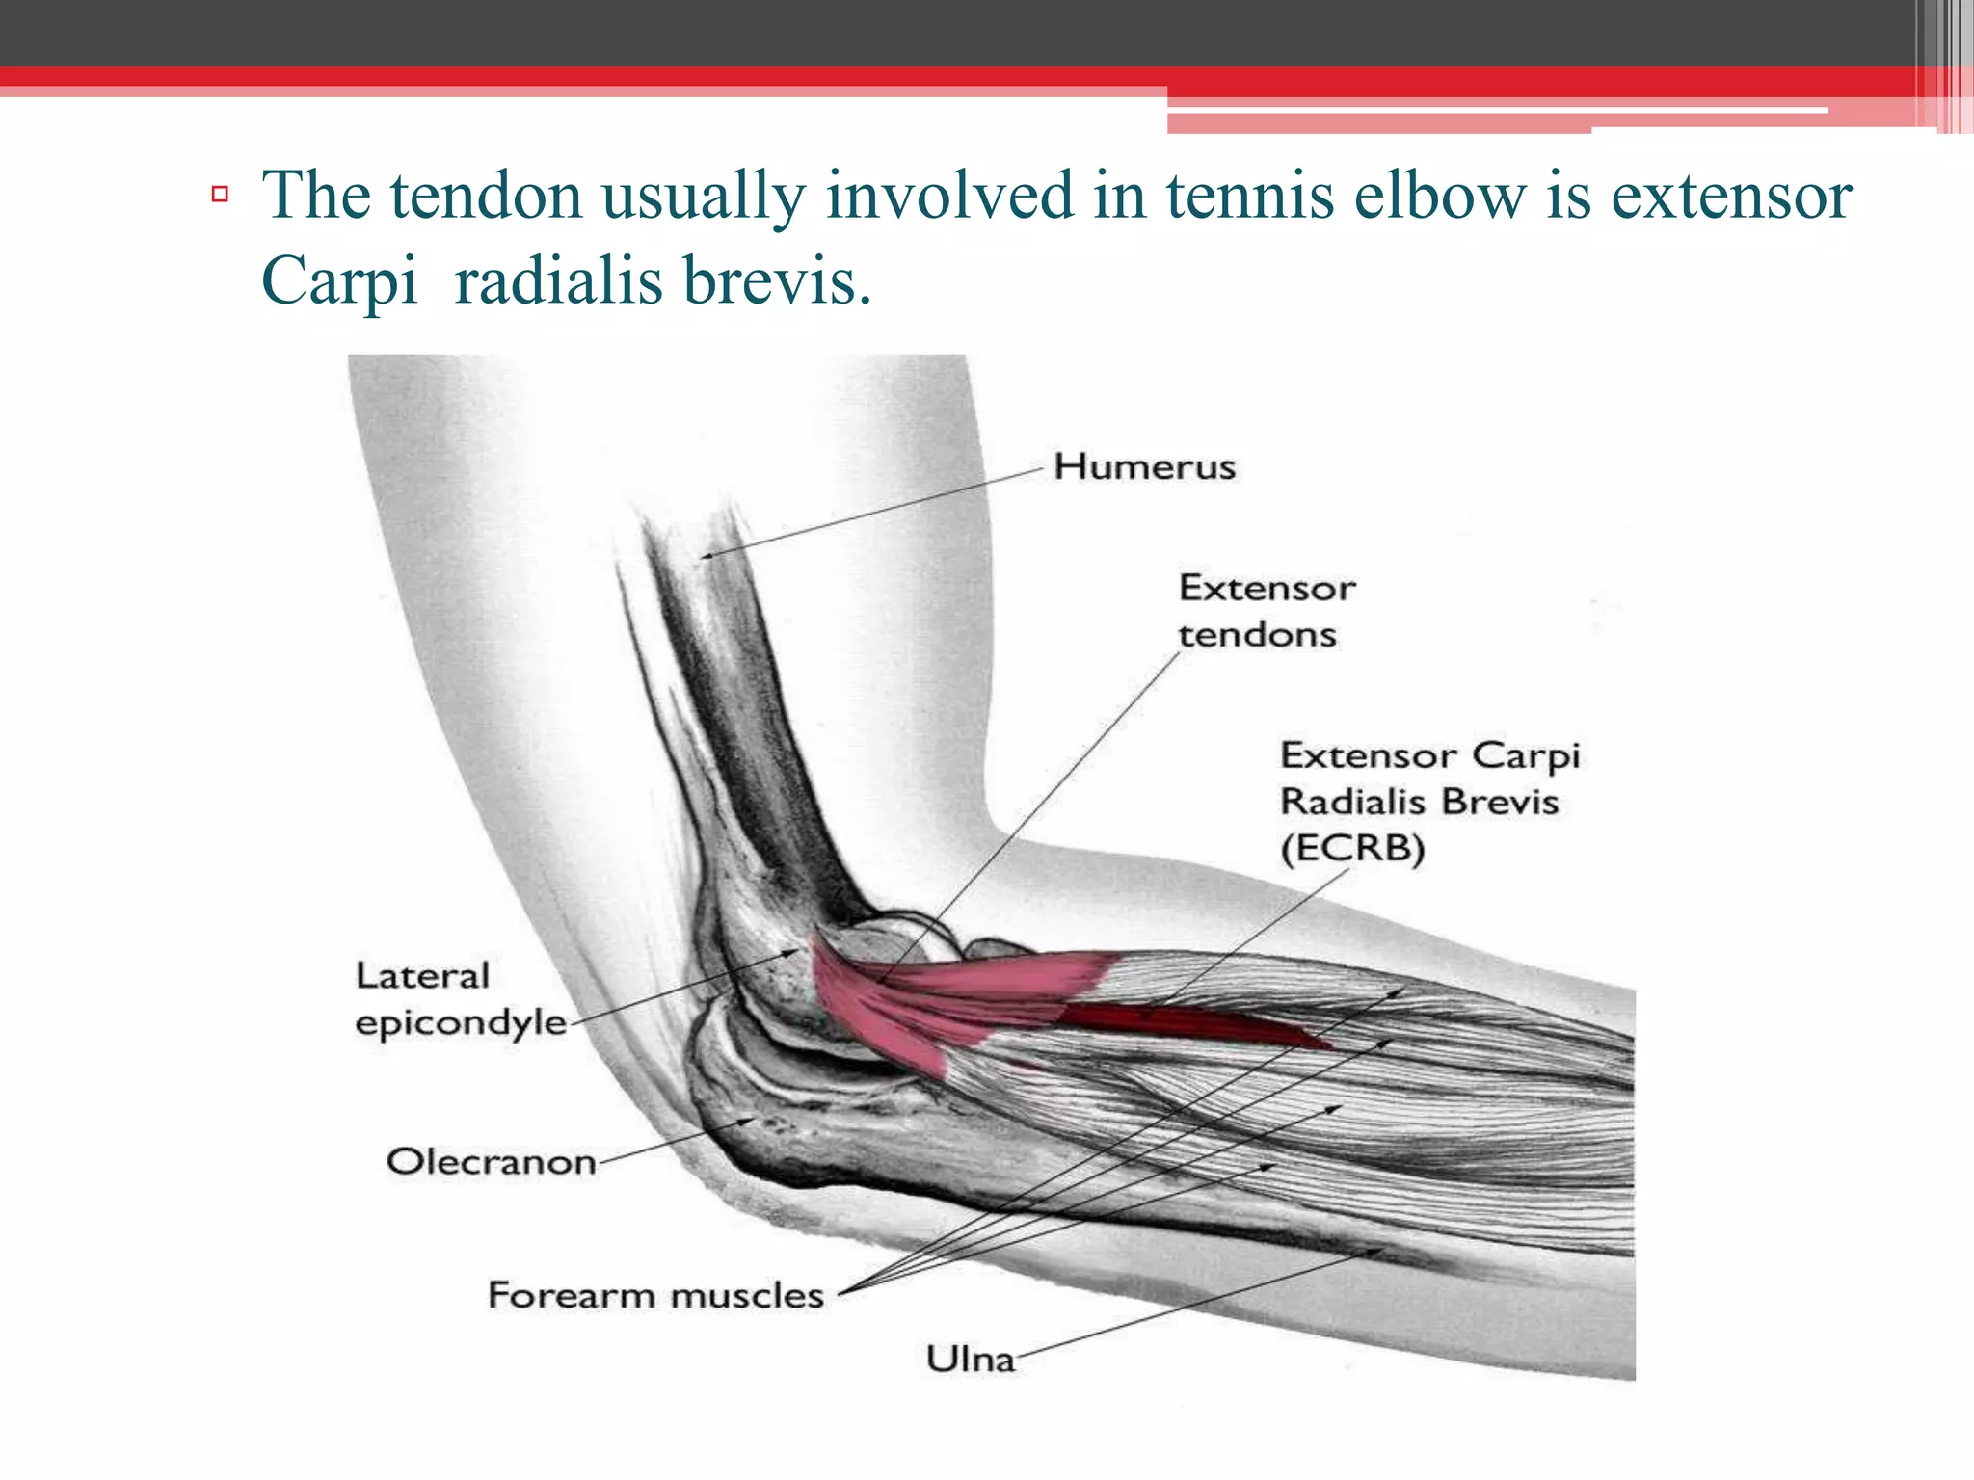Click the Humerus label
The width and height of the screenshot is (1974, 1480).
1144,467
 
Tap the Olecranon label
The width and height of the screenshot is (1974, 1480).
491,1162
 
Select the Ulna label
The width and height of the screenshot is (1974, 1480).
971,1360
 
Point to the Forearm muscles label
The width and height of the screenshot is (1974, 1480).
655,1295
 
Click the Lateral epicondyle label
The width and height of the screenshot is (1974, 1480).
460,999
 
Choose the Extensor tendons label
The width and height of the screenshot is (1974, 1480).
1266,611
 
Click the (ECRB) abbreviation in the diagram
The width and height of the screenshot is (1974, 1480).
1351,849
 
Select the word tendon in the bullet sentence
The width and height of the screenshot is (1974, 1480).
487,196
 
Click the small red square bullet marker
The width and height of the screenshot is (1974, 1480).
220,195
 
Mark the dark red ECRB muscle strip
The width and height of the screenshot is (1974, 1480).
1195,1023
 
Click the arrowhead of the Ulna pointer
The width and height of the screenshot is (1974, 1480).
1380,1251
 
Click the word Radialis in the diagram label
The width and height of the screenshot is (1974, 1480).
1351,802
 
